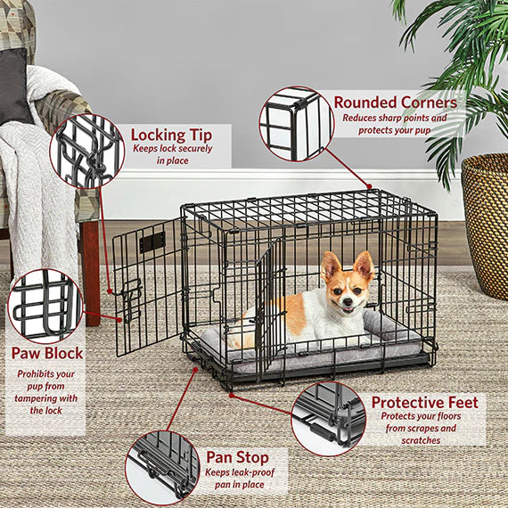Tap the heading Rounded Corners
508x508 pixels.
click(395, 102)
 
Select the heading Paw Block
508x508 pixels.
click(45, 353)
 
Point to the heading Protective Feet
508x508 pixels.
click(424, 403)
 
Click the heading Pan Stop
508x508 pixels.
click(237, 457)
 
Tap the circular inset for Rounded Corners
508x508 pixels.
click(296, 124)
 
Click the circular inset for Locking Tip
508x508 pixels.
click(87, 151)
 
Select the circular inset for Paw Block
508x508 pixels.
click(45, 306)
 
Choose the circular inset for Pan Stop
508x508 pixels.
click(162, 466)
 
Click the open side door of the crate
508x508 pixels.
click(147, 285)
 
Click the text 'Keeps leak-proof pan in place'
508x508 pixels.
click(237, 479)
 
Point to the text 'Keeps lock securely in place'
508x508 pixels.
click(173, 154)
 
